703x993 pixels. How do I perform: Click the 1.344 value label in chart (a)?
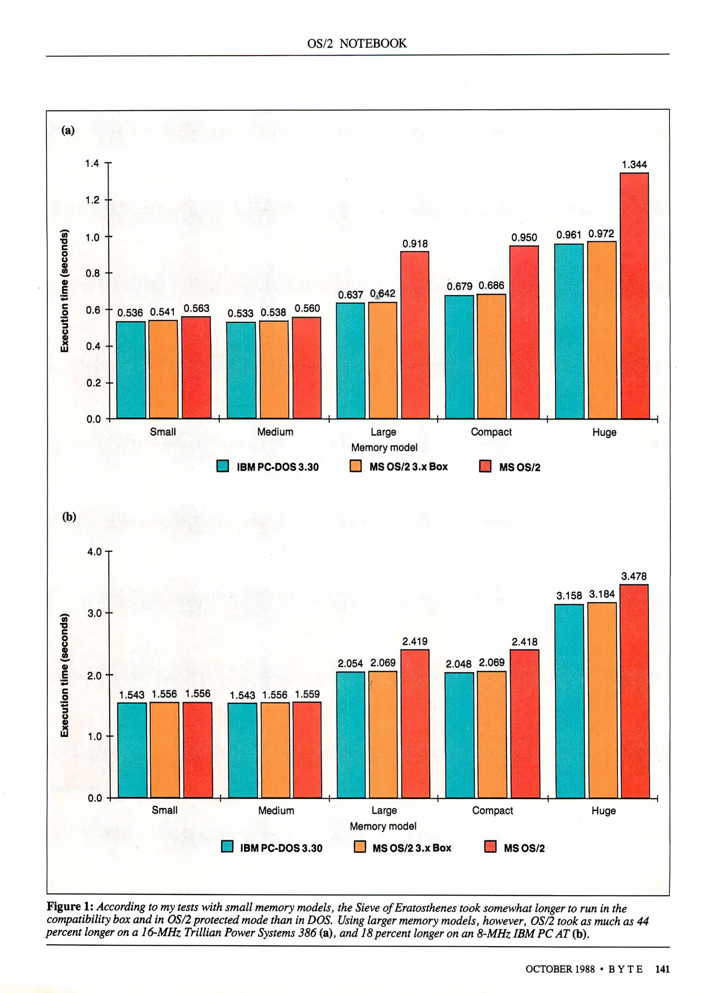pyautogui.click(x=634, y=165)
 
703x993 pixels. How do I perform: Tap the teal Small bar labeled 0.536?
pyautogui.click(x=131, y=370)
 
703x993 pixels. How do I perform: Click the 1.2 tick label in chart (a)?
pyautogui.click(x=92, y=200)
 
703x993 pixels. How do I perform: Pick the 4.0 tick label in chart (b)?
pyautogui.click(x=94, y=552)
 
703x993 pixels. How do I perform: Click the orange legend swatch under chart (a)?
pyautogui.click(x=355, y=466)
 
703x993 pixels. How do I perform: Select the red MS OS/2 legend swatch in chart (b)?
pyautogui.click(x=491, y=847)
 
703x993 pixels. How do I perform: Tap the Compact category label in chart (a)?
pyautogui.click(x=491, y=432)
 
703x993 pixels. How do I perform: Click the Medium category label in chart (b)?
pyautogui.click(x=276, y=810)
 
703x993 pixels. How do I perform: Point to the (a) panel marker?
pyautogui.click(x=68, y=131)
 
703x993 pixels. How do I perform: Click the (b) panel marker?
pyautogui.click(x=69, y=517)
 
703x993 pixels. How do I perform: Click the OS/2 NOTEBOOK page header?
pyautogui.click(x=357, y=43)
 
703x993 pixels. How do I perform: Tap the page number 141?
pyautogui.click(x=662, y=969)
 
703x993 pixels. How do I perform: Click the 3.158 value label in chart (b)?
pyautogui.click(x=569, y=596)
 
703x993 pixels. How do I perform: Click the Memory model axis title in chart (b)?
pyautogui.click(x=383, y=826)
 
